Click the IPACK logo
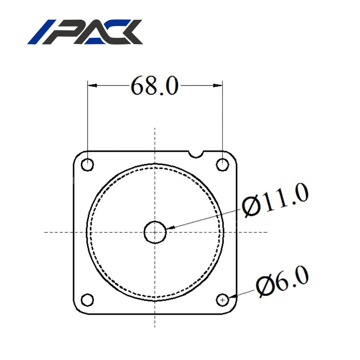[x=85, y=32]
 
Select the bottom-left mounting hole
[x=88, y=300]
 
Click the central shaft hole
[x=155, y=232]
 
